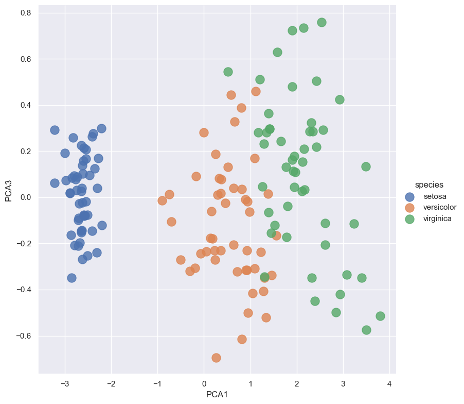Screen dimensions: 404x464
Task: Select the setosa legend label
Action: (x=435, y=196)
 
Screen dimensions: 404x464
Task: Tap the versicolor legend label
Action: (x=440, y=208)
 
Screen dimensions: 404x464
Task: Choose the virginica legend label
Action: (x=438, y=219)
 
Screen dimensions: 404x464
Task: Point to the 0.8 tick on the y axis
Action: (x=26, y=13)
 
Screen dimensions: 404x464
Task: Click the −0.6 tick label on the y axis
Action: (x=24, y=336)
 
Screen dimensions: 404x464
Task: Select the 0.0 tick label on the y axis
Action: (x=26, y=197)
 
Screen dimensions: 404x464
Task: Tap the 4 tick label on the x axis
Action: (x=389, y=383)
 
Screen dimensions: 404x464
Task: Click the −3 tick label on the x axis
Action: (x=64, y=383)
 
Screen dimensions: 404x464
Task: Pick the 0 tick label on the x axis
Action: (x=204, y=383)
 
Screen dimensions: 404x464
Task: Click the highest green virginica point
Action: (x=322, y=22)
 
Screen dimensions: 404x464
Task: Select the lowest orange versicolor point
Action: (x=216, y=358)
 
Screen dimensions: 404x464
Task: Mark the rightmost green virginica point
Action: (x=380, y=316)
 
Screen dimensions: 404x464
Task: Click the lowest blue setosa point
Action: (x=72, y=278)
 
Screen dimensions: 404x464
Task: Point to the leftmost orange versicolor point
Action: (x=162, y=200)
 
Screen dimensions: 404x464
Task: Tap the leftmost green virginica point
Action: (x=228, y=72)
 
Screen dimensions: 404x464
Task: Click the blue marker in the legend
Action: (x=409, y=196)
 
